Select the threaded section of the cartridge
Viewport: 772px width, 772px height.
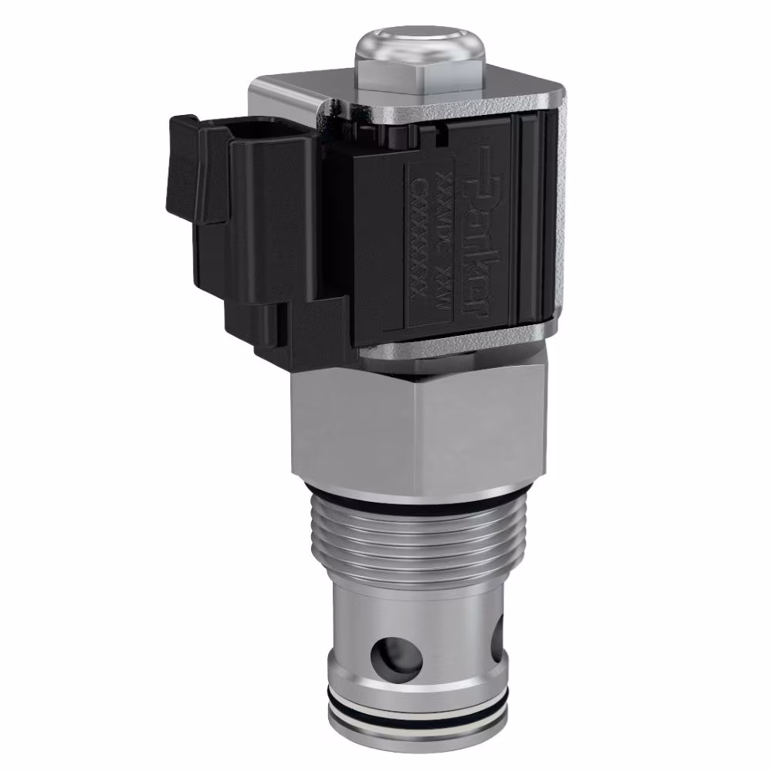click(x=409, y=537)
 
